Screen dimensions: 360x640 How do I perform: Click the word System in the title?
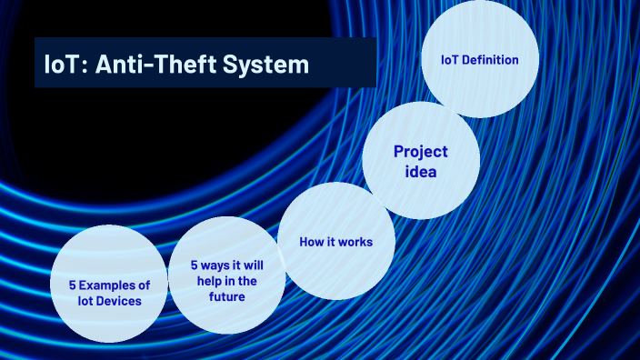267,65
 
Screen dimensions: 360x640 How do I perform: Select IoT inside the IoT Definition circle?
451,60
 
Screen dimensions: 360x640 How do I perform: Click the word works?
354,242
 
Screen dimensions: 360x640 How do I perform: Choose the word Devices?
121,301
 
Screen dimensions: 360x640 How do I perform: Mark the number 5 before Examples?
73,285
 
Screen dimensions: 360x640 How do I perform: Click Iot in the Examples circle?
88,301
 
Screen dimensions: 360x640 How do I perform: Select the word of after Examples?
144,285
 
